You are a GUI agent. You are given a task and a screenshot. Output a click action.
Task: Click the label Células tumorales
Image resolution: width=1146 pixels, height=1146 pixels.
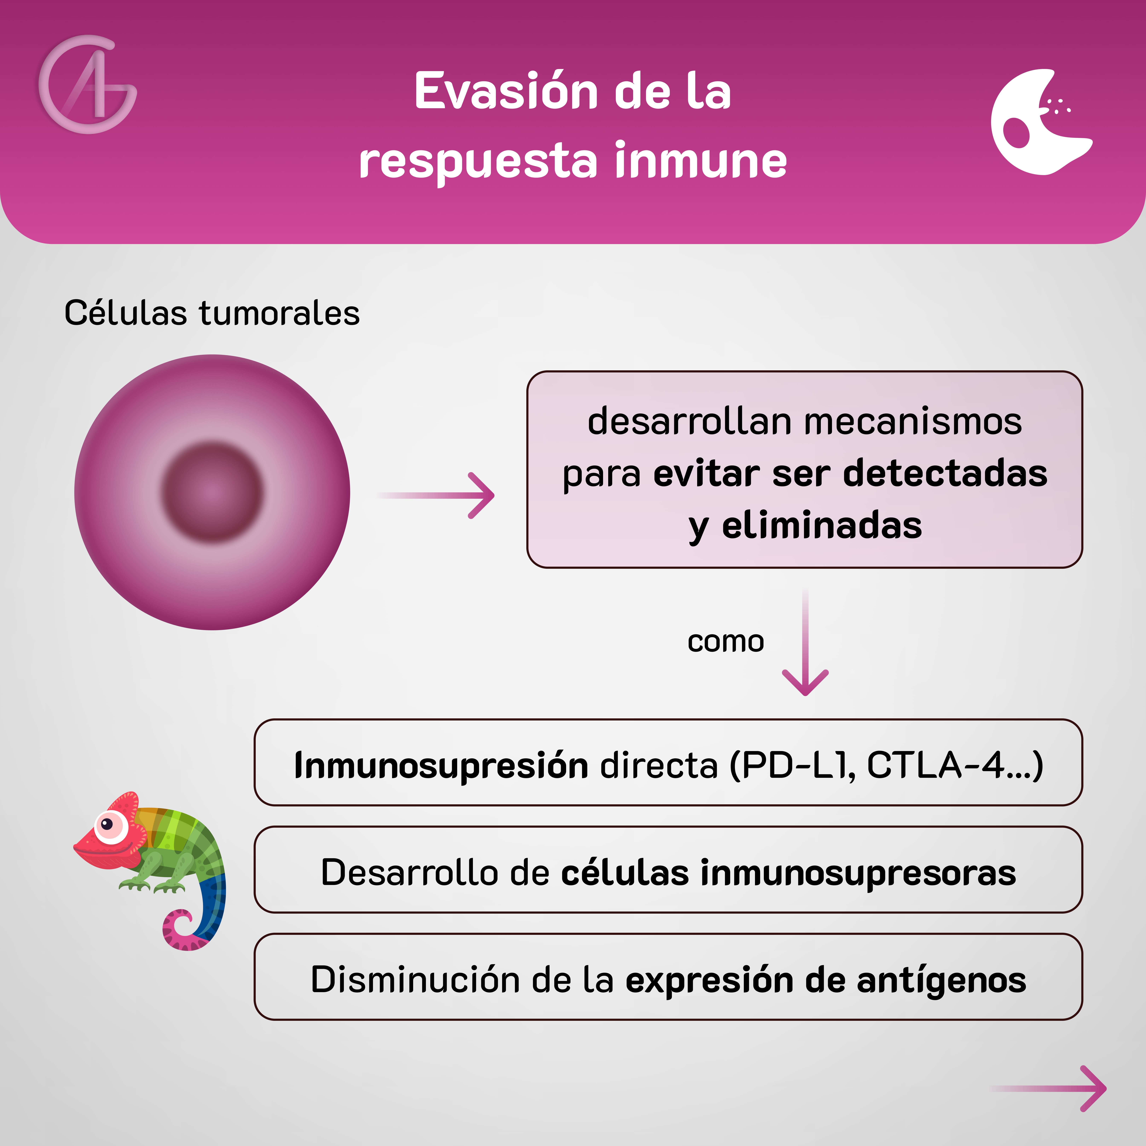point(212,313)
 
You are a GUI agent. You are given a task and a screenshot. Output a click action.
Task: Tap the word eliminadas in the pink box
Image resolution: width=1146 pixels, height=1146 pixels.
point(821,526)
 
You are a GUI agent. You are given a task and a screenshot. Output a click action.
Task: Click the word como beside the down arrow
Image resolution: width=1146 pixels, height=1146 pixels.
point(725,641)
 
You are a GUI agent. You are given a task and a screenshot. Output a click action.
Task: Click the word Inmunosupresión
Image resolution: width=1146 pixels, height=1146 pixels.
point(441,765)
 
